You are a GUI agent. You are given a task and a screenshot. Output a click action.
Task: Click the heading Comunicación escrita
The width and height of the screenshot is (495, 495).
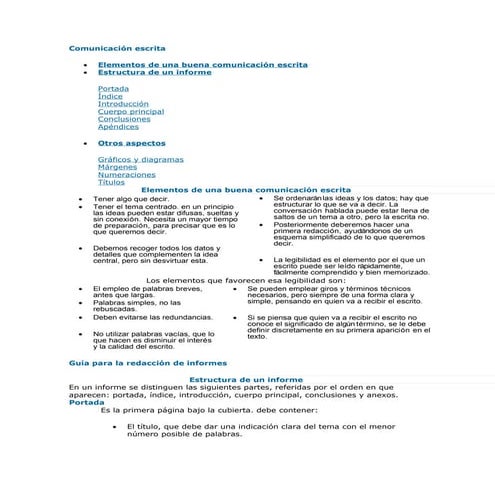pyautogui.click(x=117, y=48)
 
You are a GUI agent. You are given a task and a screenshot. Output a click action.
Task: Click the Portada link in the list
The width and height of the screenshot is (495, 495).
pyautogui.click(x=113, y=89)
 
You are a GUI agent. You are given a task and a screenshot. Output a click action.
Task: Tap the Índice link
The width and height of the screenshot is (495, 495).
pyautogui.click(x=111, y=96)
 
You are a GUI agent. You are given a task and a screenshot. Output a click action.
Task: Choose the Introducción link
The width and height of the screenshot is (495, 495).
pyautogui.click(x=123, y=104)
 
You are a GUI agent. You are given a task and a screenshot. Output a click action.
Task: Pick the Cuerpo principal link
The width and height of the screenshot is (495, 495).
pyautogui.click(x=131, y=112)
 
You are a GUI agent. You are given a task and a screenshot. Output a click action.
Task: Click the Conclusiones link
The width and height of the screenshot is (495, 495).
pyautogui.click(x=124, y=120)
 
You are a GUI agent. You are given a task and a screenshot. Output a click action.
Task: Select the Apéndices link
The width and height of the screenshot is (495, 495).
pyautogui.click(x=118, y=127)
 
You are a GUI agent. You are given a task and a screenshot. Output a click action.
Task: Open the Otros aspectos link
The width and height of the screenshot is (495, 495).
pyautogui.click(x=132, y=144)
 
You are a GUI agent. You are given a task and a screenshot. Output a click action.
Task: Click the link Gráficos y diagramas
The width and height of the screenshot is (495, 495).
pyautogui.click(x=141, y=160)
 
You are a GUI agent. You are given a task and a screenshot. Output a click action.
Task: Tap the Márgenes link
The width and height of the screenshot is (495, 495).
pyautogui.click(x=118, y=167)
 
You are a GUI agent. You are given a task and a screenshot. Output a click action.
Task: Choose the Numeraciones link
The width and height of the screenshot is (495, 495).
pyautogui.click(x=126, y=175)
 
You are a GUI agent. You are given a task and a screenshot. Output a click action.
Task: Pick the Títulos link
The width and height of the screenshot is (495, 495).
pyautogui.click(x=112, y=182)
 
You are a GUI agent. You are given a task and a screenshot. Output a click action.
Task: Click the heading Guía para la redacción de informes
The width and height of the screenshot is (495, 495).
pyautogui.click(x=147, y=362)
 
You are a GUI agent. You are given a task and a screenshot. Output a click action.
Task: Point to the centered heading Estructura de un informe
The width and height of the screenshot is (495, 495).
pyautogui.click(x=246, y=380)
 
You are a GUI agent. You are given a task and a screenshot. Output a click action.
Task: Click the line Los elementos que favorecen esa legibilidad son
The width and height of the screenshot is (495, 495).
pyautogui.click(x=246, y=281)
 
